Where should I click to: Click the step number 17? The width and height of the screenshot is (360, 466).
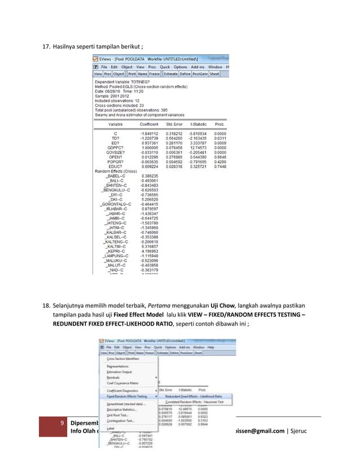(47, 46)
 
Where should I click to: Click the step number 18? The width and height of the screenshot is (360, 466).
(47, 305)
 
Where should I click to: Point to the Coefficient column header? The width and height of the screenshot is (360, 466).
(145, 124)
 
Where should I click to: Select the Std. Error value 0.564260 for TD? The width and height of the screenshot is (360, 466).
(174, 138)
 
